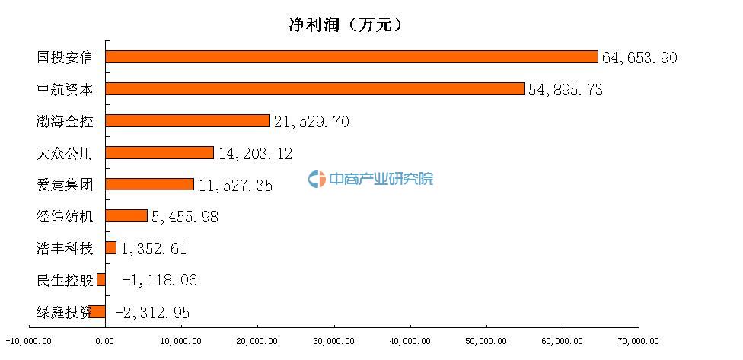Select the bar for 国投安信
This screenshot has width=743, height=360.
(x=351, y=57)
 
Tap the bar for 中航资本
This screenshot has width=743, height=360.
(x=314, y=89)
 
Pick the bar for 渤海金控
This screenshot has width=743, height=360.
(x=187, y=120)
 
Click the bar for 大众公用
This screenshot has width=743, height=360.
(x=159, y=152)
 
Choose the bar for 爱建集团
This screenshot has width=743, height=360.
(x=149, y=184)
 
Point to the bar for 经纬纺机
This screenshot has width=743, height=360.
(x=126, y=216)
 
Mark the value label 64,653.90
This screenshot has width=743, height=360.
(x=639, y=58)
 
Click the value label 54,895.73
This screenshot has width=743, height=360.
(x=565, y=90)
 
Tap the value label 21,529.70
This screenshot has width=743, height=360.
(x=311, y=122)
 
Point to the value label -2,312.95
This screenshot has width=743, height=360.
(x=151, y=313)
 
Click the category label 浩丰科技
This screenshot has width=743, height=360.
(x=65, y=248)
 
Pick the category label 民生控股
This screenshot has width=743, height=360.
(x=65, y=280)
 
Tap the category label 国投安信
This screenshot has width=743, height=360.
(x=65, y=57)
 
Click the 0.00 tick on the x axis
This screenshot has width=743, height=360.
(x=105, y=341)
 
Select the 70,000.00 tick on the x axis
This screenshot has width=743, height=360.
(x=638, y=341)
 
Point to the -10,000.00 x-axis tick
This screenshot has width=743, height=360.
(x=29, y=341)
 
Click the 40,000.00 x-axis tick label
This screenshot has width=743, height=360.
(x=410, y=341)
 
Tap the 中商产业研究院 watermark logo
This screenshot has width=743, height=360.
(x=371, y=180)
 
